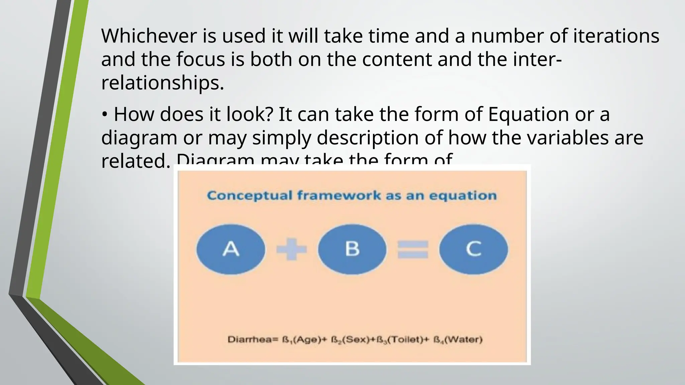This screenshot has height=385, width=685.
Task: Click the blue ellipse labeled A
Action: coord(231,249)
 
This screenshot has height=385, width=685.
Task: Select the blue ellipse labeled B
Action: coord(352,249)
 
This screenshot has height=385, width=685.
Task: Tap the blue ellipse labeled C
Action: coord(473,249)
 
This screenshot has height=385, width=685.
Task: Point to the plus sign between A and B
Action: coord(291,249)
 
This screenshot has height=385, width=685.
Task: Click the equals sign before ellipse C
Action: coord(413,250)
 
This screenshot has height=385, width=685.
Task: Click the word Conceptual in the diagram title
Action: coord(250,196)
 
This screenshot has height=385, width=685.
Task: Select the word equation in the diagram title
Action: coord(463,196)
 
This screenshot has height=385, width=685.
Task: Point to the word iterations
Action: coord(616,36)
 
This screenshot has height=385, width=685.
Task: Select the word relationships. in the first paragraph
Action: coord(163,83)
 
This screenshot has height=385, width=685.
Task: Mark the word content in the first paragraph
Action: coord(397,59)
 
